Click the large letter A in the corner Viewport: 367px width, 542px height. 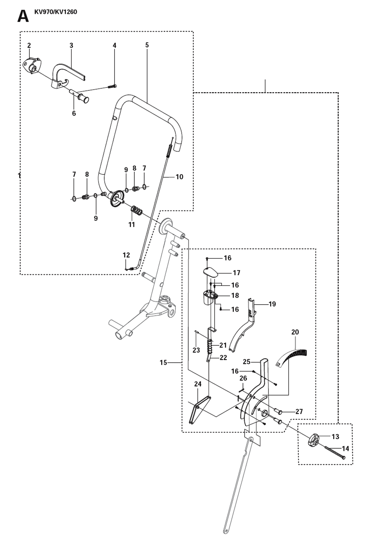coord(23,17)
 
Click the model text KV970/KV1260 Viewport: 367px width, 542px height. coord(56,12)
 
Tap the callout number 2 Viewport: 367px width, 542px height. coord(29,45)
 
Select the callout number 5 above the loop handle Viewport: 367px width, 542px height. coord(147,45)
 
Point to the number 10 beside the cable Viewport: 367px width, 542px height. coord(179,177)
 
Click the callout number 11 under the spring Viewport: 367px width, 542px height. coord(131,225)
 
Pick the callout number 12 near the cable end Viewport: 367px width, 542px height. coord(126,255)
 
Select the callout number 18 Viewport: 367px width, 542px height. coord(235,295)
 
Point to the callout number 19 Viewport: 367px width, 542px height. coord(272,304)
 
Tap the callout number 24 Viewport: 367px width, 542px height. coord(198,384)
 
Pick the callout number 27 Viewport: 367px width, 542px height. coord(299,411)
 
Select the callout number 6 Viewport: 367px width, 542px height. coord(74,113)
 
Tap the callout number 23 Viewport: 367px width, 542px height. coord(196,350)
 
